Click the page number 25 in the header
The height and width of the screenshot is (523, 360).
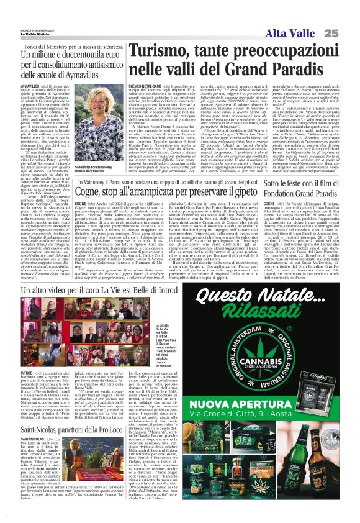coord(348,32)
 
